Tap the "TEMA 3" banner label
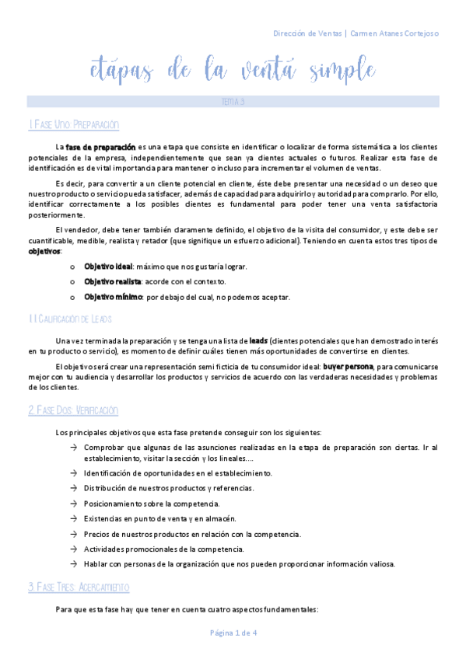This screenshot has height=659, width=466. [233, 102]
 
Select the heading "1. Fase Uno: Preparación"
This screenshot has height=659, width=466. [73, 124]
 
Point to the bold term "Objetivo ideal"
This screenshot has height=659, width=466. [107, 267]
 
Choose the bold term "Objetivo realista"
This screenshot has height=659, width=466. [112, 281]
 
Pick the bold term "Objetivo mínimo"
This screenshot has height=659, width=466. [111, 297]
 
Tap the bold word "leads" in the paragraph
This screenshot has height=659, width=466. [259, 340]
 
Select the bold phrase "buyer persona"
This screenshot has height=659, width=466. [348, 366]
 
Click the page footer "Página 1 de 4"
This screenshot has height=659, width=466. [233, 633]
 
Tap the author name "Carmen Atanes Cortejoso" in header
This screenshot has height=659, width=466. [394, 33]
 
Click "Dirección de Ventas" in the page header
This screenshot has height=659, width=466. [307, 33]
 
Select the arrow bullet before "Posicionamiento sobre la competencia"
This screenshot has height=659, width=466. [72, 504]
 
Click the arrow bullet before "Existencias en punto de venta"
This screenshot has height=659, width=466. [72, 518]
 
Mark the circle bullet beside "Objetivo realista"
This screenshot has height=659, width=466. [72, 282]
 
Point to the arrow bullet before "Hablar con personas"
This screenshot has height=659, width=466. [72, 563]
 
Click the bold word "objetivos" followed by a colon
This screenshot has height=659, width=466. [44, 252]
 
